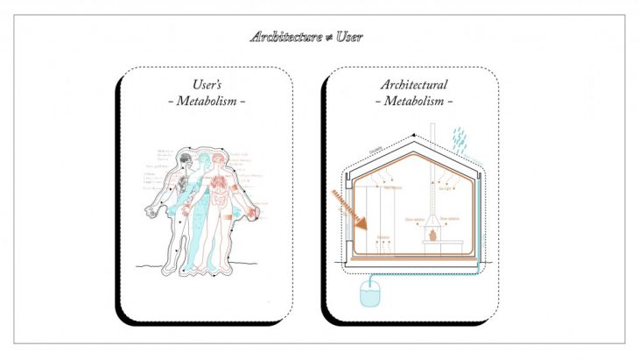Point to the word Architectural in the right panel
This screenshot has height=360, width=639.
coord(414,85)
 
